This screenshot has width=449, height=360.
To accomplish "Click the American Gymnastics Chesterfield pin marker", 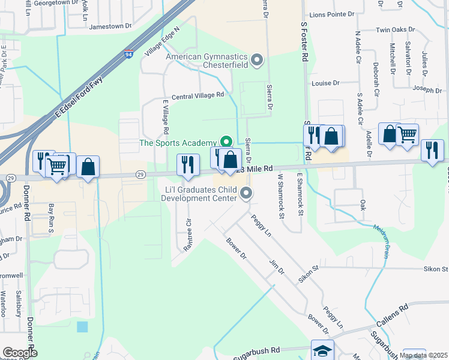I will tap(258, 59).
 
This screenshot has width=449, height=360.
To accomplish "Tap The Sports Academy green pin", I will tap(226, 142).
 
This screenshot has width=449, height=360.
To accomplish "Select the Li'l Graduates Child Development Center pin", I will tap(246, 193).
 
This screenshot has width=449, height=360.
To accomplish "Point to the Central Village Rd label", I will tap(197, 95).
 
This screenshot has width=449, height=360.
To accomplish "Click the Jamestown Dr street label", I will tap(110, 26).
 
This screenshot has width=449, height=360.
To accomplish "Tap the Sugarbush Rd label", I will tap(258, 349).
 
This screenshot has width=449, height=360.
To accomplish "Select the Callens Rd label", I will tap(393, 316).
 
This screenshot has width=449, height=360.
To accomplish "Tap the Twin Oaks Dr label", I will tap(396, 29).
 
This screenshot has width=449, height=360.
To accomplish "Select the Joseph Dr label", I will tap(427, 89).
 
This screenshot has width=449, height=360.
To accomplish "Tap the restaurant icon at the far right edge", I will tap(432, 150).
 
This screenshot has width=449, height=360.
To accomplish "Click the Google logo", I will tap(20, 353).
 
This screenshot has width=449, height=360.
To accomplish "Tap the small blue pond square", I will tap(82, 327).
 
